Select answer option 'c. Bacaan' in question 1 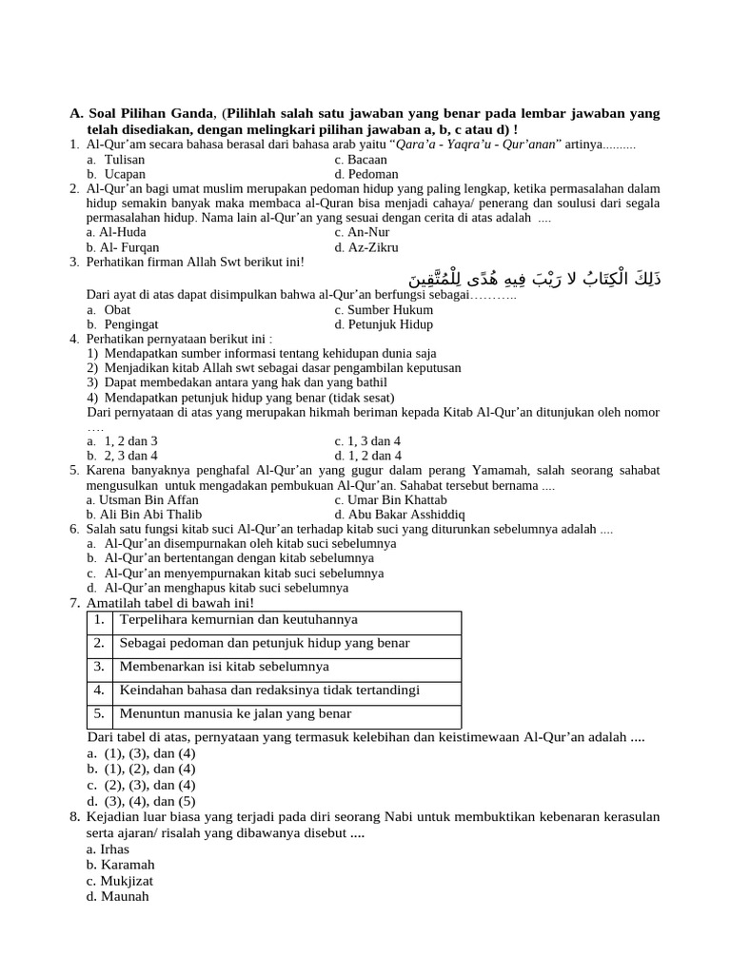pyautogui.click(x=361, y=160)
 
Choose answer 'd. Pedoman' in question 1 pyautogui.click(x=366, y=174)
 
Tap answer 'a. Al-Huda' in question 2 pyautogui.click(x=115, y=231)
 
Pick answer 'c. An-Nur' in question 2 pyautogui.click(x=363, y=231)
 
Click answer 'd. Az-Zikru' pyautogui.click(x=366, y=247)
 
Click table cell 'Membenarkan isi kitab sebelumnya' pyautogui.click(x=225, y=667)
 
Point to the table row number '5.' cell pyautogui.click(x=99, y=713)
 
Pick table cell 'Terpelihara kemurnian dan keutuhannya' pyautogui.click(x=239, y=619)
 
